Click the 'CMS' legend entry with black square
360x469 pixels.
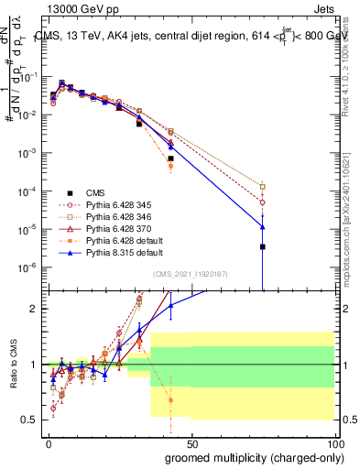pos(96,192)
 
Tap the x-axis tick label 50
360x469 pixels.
pos(191,442)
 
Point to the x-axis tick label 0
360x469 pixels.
pos(48,442)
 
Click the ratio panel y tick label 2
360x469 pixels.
pos(35,309)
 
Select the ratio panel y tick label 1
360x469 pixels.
pos(35,365)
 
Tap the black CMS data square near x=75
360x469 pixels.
pos(263,246)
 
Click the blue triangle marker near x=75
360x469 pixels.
pos(263,226)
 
